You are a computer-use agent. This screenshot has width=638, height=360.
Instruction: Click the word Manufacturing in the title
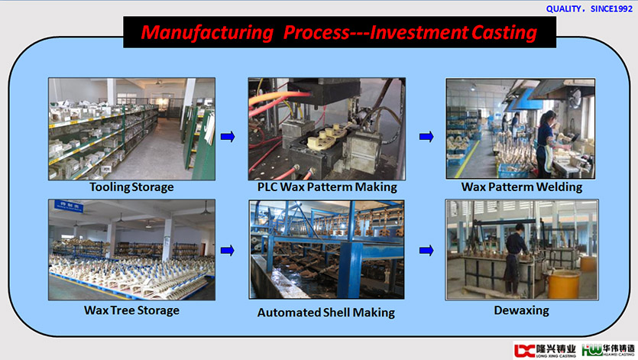(207, 33)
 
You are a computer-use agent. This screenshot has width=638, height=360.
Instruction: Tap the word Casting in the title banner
(504, 33)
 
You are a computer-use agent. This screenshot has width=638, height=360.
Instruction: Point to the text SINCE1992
(611, 8)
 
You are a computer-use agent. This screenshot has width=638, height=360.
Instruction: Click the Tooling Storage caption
(131, 187)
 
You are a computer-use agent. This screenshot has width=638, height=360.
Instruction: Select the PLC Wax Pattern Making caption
(327, 187)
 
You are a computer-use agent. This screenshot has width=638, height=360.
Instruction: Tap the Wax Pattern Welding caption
(522, 187)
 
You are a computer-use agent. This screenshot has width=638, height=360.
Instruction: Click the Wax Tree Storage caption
(131, 310)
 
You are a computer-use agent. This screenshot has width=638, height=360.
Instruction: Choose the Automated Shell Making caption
(326, 313)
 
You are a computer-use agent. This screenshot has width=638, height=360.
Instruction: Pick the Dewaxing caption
(521, 310)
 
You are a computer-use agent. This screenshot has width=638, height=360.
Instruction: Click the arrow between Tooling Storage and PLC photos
(228, 137)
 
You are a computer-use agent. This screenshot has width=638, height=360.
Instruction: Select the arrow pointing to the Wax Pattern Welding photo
(426, 137)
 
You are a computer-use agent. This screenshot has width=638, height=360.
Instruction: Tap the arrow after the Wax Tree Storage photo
(228, 251)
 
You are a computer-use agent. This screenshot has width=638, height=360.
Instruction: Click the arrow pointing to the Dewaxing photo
(426, 251)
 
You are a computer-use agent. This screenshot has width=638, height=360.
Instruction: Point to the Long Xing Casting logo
(546, 350)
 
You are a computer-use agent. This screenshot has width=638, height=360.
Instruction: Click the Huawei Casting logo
(608, 350)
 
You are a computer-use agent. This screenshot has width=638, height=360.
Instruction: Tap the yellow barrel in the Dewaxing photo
(564, 284)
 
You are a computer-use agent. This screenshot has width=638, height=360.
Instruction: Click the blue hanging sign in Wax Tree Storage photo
(69, 206)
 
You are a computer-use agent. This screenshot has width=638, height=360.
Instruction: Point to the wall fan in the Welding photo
(574, 97)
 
